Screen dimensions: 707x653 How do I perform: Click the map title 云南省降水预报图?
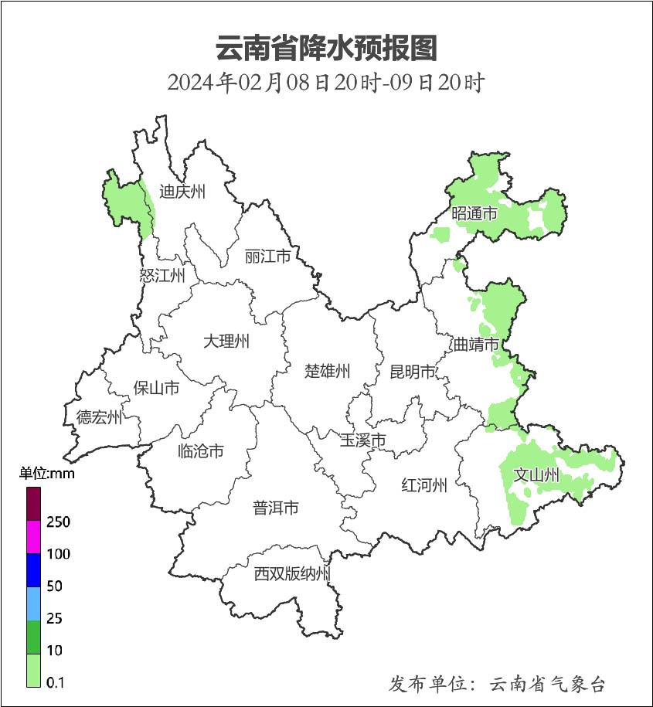[326, 48]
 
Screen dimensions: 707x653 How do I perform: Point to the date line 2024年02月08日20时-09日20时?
[326, 82]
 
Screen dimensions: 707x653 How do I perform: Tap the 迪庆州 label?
[182, 192]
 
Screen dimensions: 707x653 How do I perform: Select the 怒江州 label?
[162, 276]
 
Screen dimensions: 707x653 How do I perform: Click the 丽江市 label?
[267, 256]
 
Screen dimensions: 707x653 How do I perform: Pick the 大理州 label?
[226, 341]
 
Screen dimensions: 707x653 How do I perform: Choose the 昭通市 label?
[474, 214]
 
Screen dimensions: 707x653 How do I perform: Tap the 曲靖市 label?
[475, 344]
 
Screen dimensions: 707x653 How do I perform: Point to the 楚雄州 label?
[327, 372]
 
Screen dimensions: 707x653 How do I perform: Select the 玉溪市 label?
[363, 440]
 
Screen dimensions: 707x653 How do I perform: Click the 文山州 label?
[536, 474]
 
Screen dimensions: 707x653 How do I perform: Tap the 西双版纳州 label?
[293, 574]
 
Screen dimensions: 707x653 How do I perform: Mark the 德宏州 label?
[99, 418]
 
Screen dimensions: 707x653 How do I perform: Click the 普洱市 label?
[276, 508]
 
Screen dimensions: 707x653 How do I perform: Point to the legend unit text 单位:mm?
[46, 474]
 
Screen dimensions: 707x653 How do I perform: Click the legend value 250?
[58, 522]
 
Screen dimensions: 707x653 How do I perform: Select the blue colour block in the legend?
[33, 570]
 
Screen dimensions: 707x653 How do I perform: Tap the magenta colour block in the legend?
[33, 537]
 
